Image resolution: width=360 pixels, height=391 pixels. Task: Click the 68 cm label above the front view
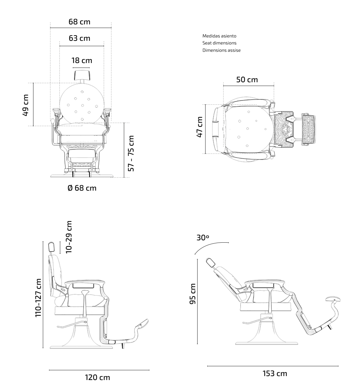(x=80, y=22)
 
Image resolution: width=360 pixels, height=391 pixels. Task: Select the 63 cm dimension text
(x=80, y=38)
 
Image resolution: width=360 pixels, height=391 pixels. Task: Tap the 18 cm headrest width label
(x=82, y=60)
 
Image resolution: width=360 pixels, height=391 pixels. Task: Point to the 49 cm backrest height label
(x=26, y=105)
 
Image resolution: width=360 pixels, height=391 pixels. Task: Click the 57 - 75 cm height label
(x=131, y=153)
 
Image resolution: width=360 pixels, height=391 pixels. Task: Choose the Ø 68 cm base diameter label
(x=82, y=188)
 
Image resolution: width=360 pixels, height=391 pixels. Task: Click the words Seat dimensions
(x=219, y=43)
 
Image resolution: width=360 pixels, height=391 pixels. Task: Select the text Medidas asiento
(x=219, y=36)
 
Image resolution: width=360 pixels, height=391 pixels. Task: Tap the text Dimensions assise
(x=222, y=50)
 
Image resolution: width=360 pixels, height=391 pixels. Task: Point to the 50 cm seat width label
(x=247, y=79)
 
